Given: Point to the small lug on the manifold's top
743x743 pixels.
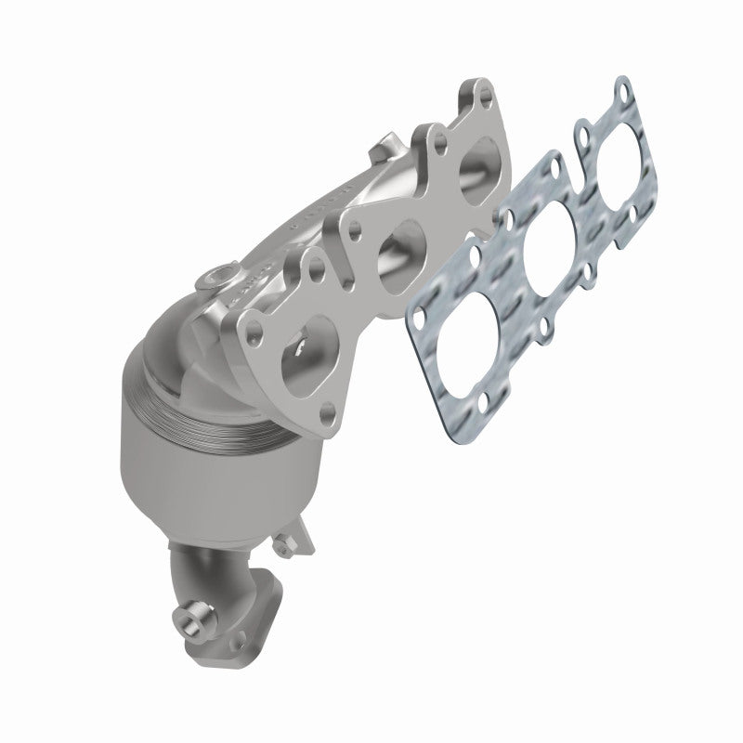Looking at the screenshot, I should coord(381,150).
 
